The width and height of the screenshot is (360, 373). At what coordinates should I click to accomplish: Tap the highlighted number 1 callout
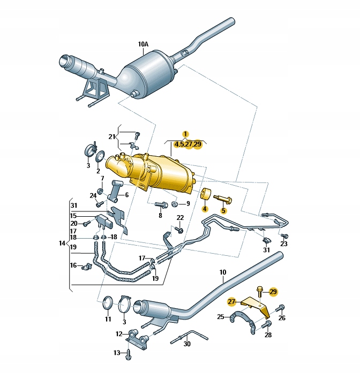(185, 134)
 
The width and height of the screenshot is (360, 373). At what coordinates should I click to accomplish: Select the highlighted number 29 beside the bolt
(273, 291)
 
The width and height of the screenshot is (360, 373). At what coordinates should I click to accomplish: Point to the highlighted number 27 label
(231, 301)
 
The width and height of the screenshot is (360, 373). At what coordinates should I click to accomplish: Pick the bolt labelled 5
(223, 200)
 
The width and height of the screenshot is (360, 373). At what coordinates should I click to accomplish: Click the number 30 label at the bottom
(186, 344)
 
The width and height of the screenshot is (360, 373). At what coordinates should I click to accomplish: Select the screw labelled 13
(129, 353)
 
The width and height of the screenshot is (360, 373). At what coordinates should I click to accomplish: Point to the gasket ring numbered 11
(107, 304)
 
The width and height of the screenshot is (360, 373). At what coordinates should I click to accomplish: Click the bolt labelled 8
(160, 204)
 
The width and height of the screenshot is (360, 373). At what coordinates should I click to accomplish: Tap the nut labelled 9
(175, 204)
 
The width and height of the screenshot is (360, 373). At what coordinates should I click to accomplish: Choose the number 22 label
(180, 217)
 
